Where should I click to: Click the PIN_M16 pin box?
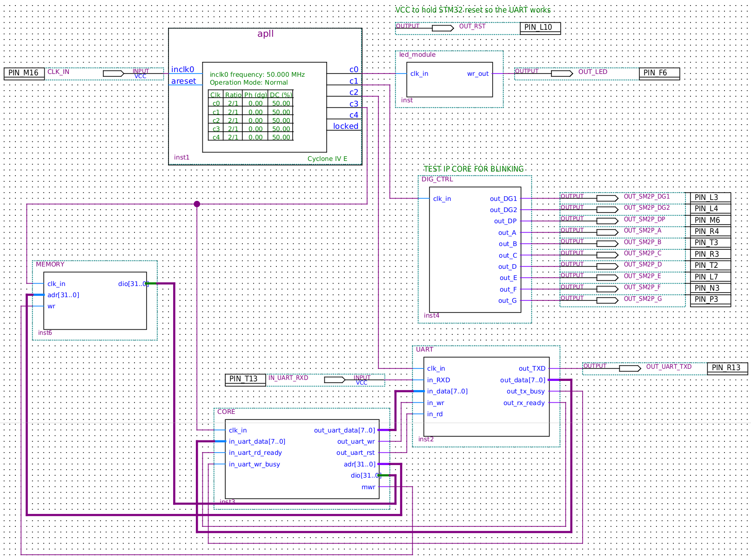click(24, 73)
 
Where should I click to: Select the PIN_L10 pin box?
click(540, 28)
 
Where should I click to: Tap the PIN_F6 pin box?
click(659, 73)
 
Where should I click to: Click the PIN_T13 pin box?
click(245, 379)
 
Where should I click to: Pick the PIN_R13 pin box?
click(727, 368)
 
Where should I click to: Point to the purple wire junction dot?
click(197, 204)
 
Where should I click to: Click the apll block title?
click(265, 33)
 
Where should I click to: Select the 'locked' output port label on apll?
click(345, 126)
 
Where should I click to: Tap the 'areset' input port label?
click(183, 81)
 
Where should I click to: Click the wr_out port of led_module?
click(478, 73)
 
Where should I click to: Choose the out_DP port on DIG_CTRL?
click(505, 221)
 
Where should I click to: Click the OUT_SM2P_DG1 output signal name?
click(647, 196)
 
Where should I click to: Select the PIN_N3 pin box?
click(710, 288)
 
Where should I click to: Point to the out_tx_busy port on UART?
click(525, 391)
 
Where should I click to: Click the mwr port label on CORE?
click(368, 487)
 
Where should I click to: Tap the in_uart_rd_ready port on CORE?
click(255, 453)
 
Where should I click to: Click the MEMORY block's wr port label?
click(51, 306)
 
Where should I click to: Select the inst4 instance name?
click(431, 315)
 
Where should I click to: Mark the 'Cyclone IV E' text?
click(327, 159)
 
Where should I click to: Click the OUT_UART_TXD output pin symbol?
click(630, 368)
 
